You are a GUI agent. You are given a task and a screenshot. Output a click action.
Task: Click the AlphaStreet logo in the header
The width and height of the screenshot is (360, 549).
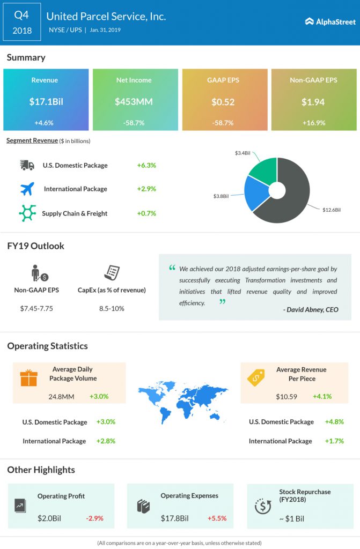[330, 22]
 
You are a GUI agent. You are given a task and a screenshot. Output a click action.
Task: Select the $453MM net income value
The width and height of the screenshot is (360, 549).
[134, 101]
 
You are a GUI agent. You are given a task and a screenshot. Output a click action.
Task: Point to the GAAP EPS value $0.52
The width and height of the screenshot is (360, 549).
[224, 101]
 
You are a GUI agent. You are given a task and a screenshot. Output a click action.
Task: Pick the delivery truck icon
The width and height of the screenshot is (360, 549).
[26, 165]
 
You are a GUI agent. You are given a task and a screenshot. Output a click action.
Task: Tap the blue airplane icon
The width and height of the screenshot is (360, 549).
[26, 189]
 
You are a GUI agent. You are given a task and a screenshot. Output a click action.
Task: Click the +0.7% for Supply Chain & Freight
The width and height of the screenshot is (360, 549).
[146, 213]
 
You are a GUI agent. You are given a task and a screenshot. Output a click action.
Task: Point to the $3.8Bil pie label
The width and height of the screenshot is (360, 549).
[222, 197]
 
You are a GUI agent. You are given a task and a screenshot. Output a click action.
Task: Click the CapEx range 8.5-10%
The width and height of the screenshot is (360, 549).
[112, 308]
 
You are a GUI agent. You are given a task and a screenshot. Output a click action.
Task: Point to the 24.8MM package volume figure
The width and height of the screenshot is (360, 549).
[61, 397]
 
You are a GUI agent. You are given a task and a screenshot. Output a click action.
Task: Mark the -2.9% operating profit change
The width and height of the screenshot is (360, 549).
[94, 518]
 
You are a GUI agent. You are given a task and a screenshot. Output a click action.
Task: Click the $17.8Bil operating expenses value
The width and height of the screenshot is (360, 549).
[174, 518]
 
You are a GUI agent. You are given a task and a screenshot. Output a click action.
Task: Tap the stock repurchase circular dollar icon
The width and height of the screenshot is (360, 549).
[263, 505]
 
